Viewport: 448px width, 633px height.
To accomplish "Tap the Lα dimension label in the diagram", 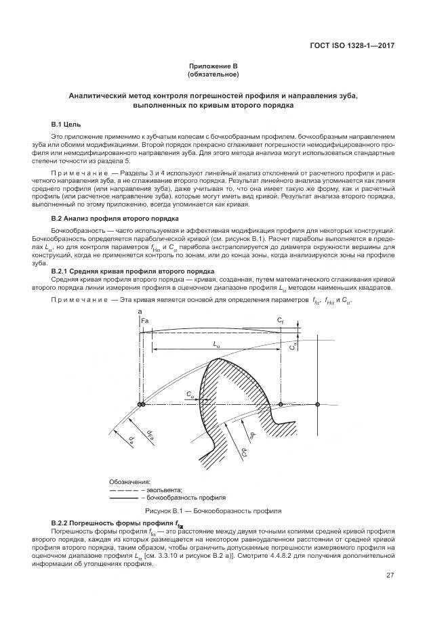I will coord(216,343).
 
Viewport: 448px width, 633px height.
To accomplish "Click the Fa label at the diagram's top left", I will coord(144,320).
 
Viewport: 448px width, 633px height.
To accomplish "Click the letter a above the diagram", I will coord(140,311).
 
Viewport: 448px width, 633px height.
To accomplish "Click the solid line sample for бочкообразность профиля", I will coord(123,497).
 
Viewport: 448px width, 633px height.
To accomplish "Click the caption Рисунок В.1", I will coord(213,510).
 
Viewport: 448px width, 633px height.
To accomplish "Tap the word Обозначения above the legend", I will coord(129,481).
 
